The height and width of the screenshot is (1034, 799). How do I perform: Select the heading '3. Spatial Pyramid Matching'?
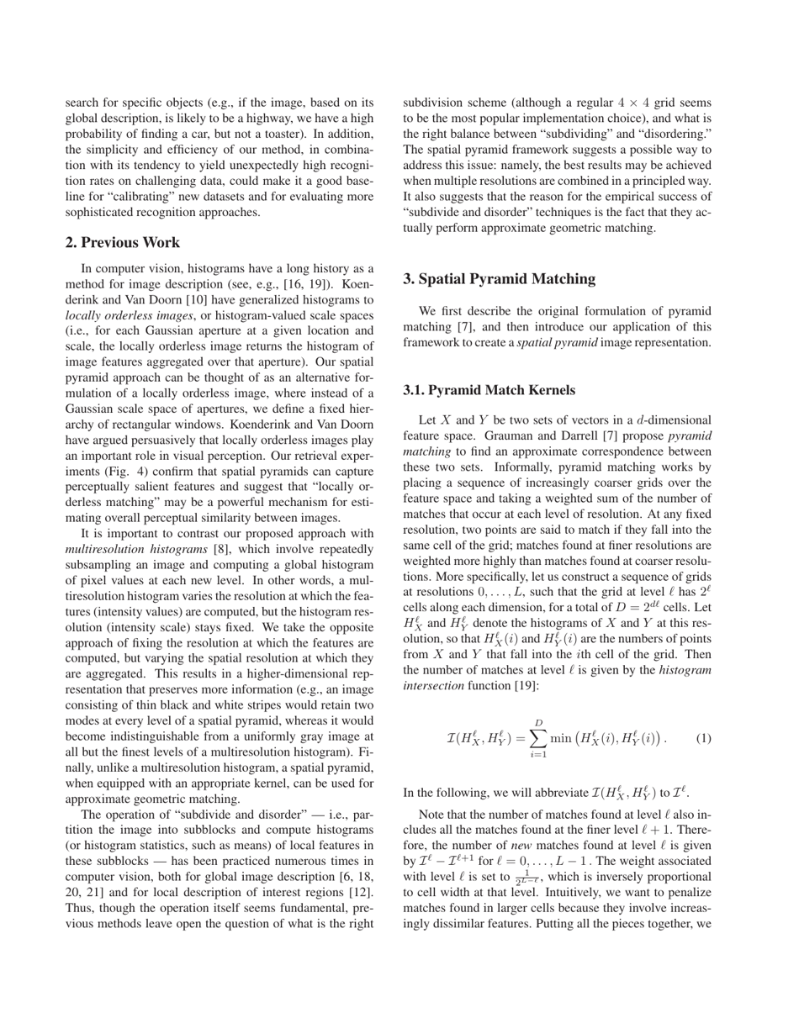pos(499,279)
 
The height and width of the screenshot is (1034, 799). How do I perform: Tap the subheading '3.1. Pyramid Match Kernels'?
pos(489,390)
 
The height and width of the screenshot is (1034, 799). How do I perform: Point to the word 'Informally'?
pos(526,467)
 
